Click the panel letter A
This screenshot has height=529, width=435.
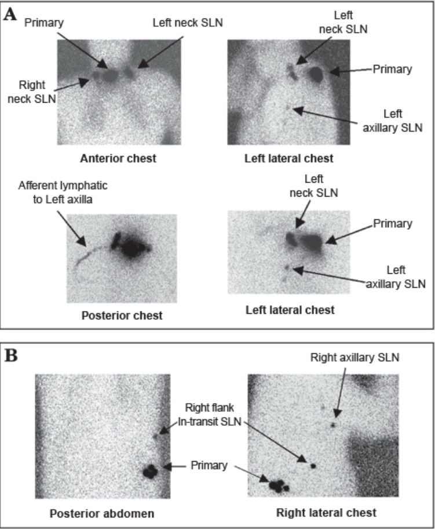(10, 15)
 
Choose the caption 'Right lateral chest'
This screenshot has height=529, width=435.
(326, 512)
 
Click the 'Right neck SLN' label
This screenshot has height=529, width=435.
(36, 93)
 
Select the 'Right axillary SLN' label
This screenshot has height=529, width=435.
(354, 357)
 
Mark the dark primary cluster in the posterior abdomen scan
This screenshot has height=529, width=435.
(152, 471)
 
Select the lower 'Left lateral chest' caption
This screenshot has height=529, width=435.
(290, 310)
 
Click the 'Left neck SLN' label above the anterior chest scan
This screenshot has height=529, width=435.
(188, 23)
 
